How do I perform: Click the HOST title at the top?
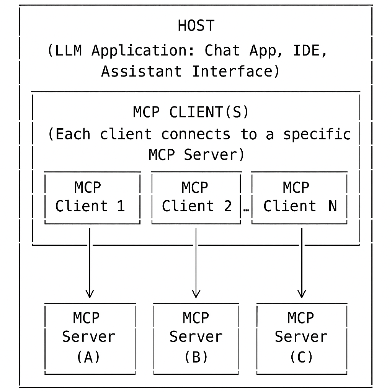click(x=196, y=26)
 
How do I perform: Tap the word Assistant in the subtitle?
click(x=141, y=71)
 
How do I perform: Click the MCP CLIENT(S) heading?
click(x=191, y=112)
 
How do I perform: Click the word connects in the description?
click(x=196, y=134)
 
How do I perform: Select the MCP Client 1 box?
click(x=92, y=197)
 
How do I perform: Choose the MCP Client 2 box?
click(x=196, y=197)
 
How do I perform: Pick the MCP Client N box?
click(x=299, y=197)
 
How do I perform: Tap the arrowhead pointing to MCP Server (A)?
click(x=90, y=294)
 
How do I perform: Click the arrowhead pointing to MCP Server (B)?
click(x=196, y=294)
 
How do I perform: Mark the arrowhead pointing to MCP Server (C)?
click(x=302, y=294)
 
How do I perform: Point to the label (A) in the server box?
click(x=88, y=357)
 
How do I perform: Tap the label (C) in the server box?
click(x=301, y=357)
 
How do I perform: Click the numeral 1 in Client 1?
click(x=121, y=206)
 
